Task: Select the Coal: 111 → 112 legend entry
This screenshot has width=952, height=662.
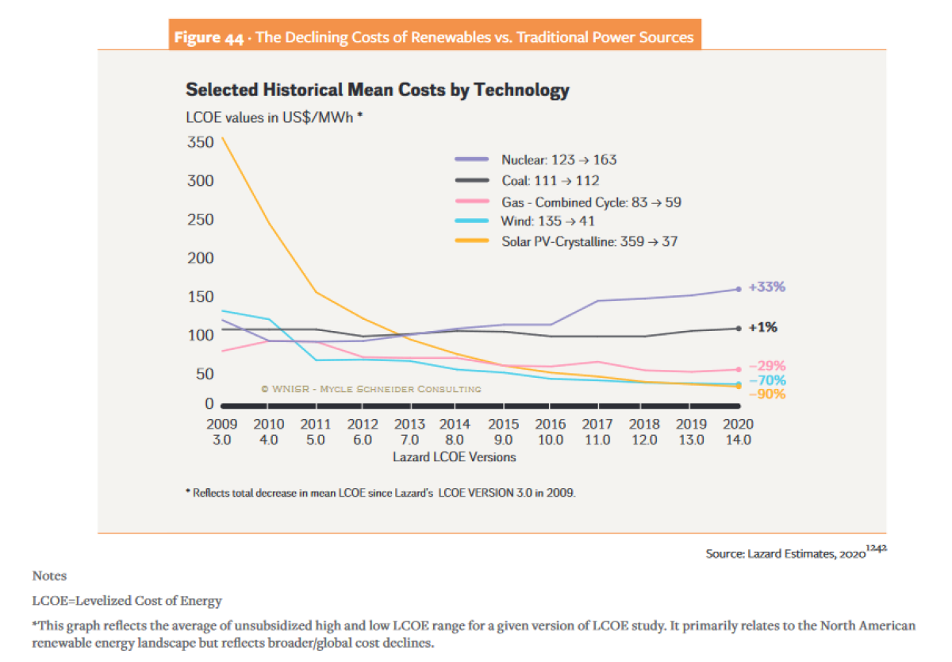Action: point(550,181)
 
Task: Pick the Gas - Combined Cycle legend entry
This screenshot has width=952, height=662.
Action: point(591,202)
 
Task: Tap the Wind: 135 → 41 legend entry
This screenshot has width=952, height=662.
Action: point(547,221)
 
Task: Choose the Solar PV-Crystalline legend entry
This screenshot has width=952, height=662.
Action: point(589,241)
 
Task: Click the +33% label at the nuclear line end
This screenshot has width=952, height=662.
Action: point(766,287)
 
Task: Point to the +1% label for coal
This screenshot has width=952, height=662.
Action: point(762,327)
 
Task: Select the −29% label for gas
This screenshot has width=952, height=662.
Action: point(767,366)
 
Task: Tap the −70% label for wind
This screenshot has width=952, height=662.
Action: point(767,381)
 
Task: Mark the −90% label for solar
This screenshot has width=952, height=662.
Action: point(767,395)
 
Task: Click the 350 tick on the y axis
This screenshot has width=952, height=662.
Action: point(201,143)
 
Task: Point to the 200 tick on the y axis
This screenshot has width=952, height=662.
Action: point(201,258)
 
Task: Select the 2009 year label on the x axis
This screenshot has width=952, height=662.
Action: point(221,425)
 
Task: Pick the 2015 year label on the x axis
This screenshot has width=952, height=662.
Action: point(504,425)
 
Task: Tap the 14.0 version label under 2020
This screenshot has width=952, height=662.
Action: point(738,440)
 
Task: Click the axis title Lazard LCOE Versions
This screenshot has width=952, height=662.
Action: point(454,457)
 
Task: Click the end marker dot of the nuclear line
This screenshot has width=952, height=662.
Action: point(738,289)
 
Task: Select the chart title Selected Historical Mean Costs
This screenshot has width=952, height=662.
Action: point(377,90)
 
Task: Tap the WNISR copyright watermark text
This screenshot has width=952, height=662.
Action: point(370,389)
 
